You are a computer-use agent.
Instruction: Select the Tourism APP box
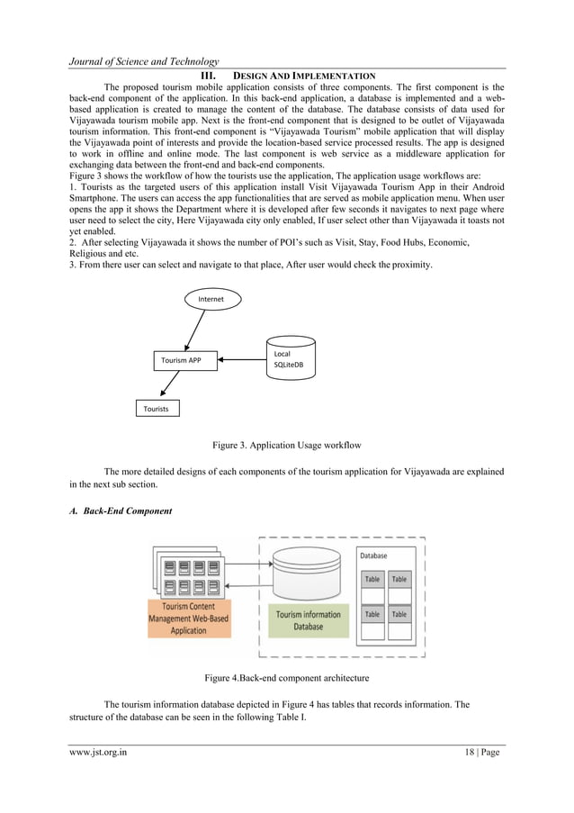click(x=181, y=360)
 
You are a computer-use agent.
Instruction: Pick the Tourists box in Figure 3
click(x=157, y=409)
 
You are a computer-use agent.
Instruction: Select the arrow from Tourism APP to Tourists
click(x=167, y=384)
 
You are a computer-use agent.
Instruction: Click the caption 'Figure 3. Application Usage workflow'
click(x=286, y=445)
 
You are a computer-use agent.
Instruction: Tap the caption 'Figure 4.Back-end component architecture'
click(x=286, y=676)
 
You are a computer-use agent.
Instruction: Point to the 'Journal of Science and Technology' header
click(x=144, y=59)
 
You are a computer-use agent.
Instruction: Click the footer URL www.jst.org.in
click(x=98, y=753)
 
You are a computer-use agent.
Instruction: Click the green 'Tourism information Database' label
click(x=309, y=619)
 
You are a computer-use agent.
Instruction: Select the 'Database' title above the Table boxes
click(x=373, y=556)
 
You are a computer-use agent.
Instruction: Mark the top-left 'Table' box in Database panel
click(x=372, y=579)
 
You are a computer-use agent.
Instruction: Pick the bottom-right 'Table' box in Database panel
click(x=399, y=614)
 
